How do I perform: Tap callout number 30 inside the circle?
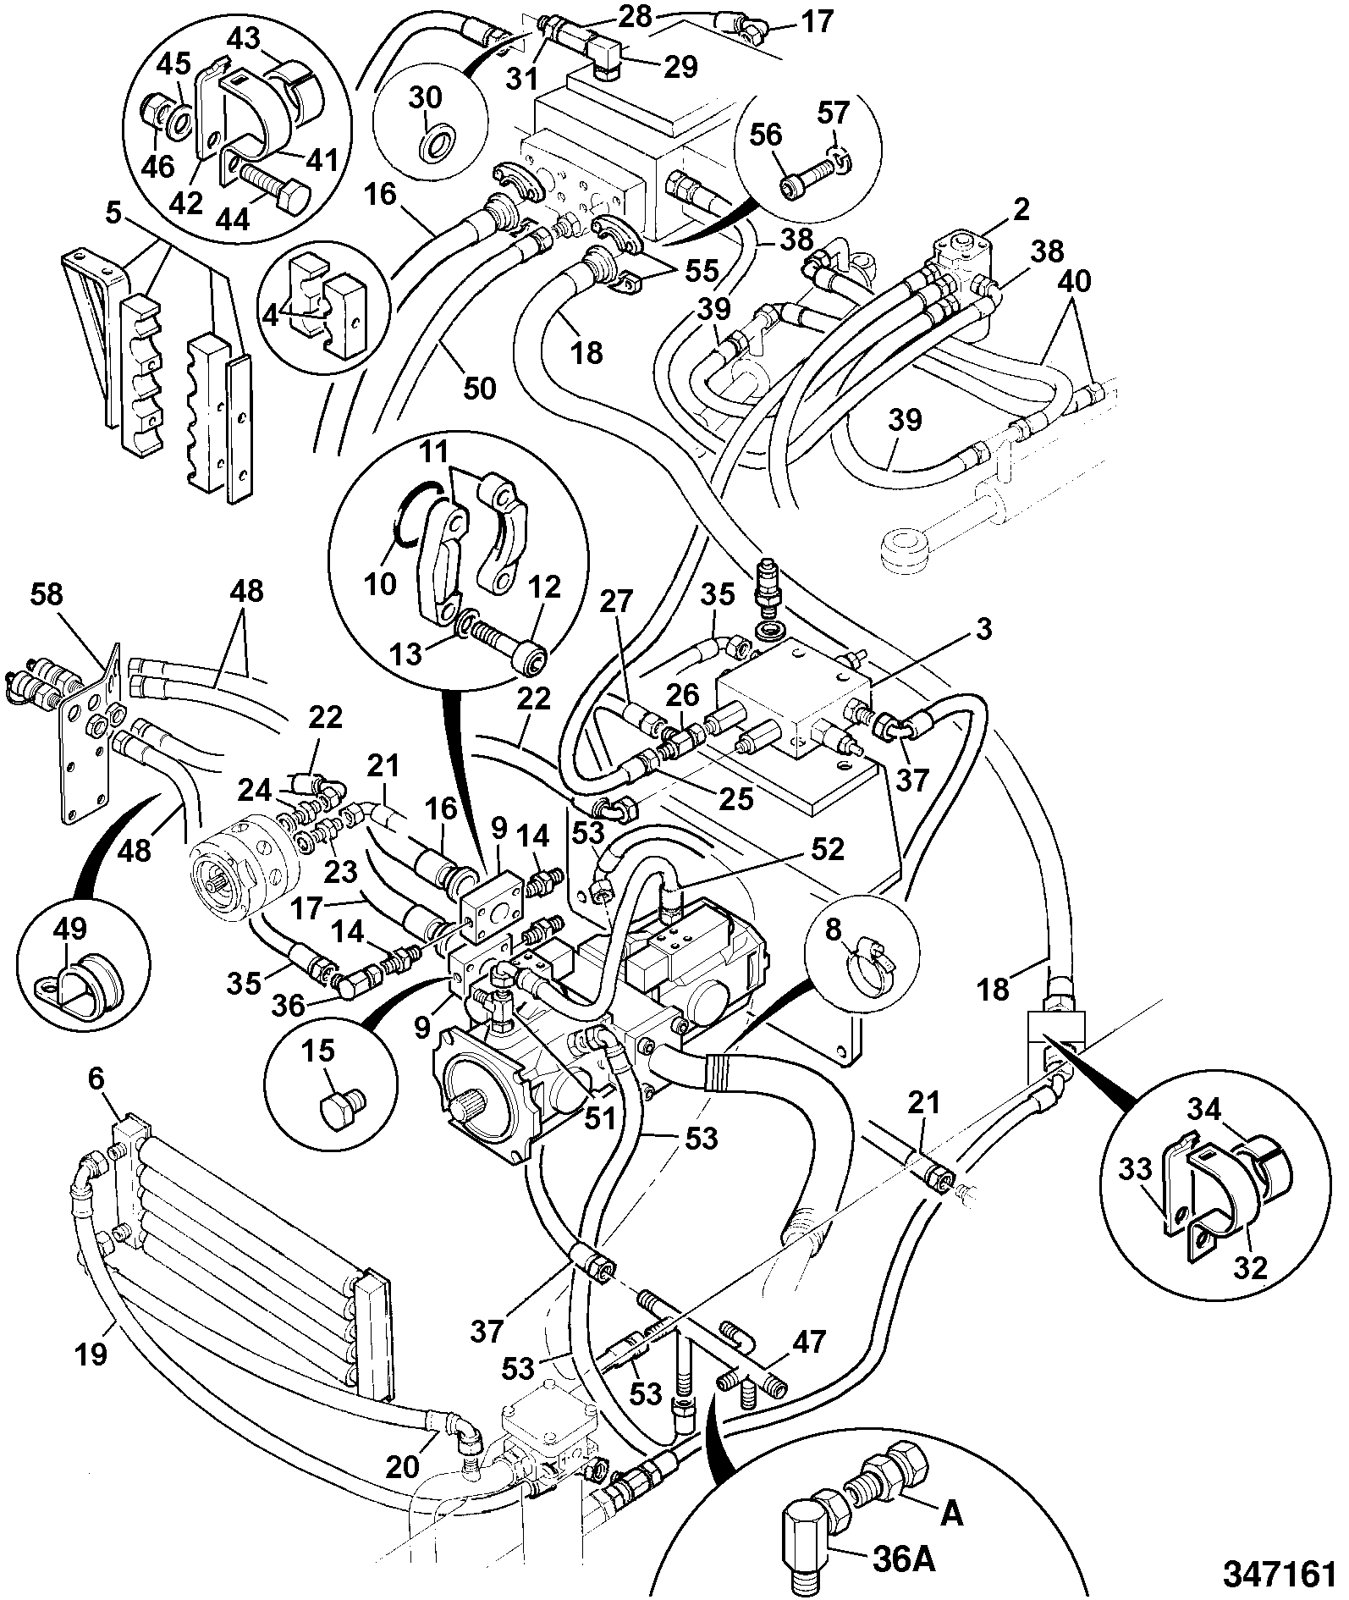point(426,98)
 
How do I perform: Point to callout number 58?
point(47,594)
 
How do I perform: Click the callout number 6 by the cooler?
point(96,1080)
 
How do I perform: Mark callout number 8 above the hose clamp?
point(834,930)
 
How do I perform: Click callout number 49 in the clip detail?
point(70,930)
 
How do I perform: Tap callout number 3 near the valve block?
point(981,629)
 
